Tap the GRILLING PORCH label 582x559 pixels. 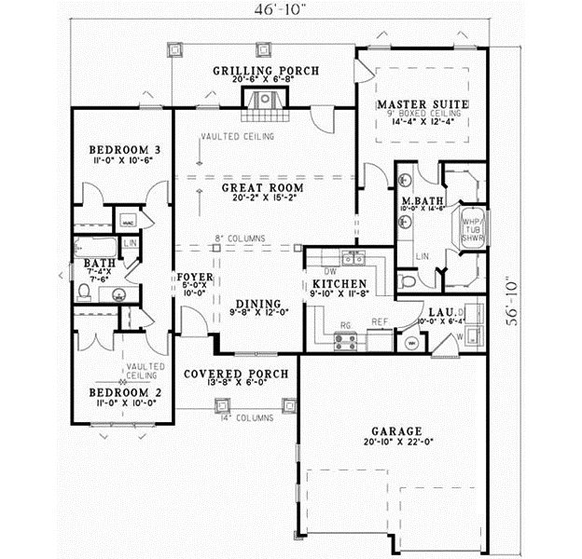pos(266,71)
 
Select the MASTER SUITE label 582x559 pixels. pos(423,103)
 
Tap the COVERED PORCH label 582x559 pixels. pos(235,374)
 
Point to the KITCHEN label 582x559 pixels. pos(338,284)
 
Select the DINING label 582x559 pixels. pos(253,304)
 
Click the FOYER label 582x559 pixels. pos(196,278)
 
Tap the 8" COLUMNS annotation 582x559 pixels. pos(239,239)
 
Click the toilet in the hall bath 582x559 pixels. pos(84,293)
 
